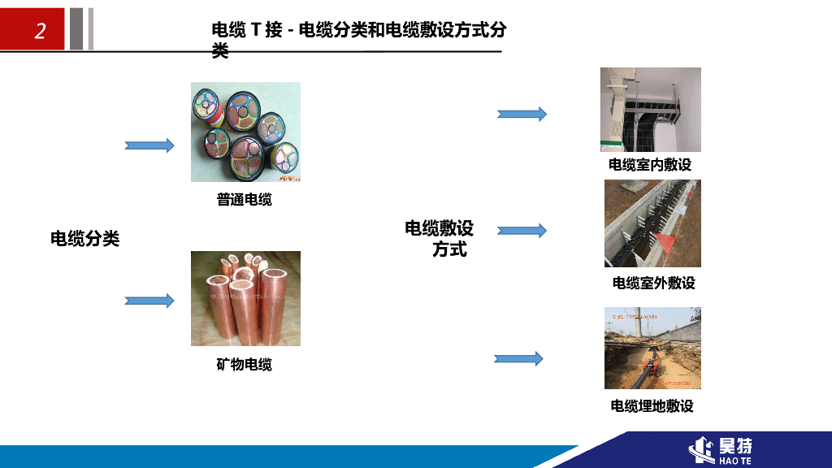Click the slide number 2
pyautogui.click(x=40, y=31)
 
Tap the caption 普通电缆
pyautogui.click(x=244, y=199)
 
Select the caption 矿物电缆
pyautogui.click(x=244, y=365)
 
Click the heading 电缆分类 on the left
pyautogui.click(x=85, y=239)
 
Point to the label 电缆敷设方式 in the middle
pyautogui.click(x=440, y=239)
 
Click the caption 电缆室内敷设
pyautogui.click(x=650, y=165)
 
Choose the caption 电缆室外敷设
pyautogui.click(x=653, y=283)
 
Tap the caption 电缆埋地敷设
pyautogui.click(x=652, y=405)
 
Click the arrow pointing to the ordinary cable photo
pyautogui.click(x=149, y=145)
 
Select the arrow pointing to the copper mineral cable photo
pyautogui.click(x=149, y=301)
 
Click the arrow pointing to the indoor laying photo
pyautogui.click(x=522, y=114)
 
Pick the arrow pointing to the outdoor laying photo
pyautogui.click(x=522, y=231)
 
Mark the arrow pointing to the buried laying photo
pyautogui.click(x=518, y=358)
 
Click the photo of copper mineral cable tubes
pyautogui.click(x=245, y=298)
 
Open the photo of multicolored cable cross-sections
pyautogui.click(x=245, y=132)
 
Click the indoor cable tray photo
pyautogui.click(x=650, y=110)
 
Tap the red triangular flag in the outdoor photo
pyautogui.click(x=665, y=241)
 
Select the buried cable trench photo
pyautogui.click(x=652, y=348)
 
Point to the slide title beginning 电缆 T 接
pyautogui.click(x=358, y=31)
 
